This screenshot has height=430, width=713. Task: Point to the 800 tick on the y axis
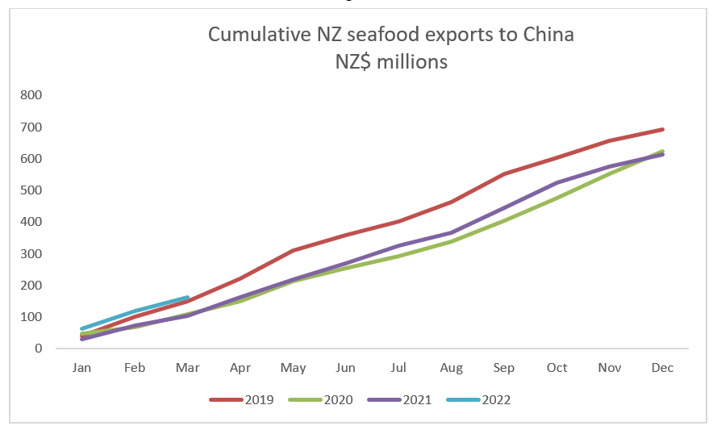(31, 95)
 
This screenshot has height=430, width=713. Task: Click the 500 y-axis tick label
(31, 190)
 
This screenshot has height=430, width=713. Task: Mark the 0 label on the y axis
(37, 349)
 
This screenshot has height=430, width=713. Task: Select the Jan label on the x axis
(81, 368)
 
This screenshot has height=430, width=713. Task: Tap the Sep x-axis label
(504, 368)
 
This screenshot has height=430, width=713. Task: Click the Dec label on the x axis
(662, 368)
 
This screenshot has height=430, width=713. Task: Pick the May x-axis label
(293, 368)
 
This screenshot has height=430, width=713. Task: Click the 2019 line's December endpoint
(662, 129)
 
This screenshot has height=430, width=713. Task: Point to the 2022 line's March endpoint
(187, 298)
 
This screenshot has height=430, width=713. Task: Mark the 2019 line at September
(504, 173)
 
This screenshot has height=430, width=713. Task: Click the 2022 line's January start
(81, 329)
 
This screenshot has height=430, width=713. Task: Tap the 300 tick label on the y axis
(31, 253)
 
